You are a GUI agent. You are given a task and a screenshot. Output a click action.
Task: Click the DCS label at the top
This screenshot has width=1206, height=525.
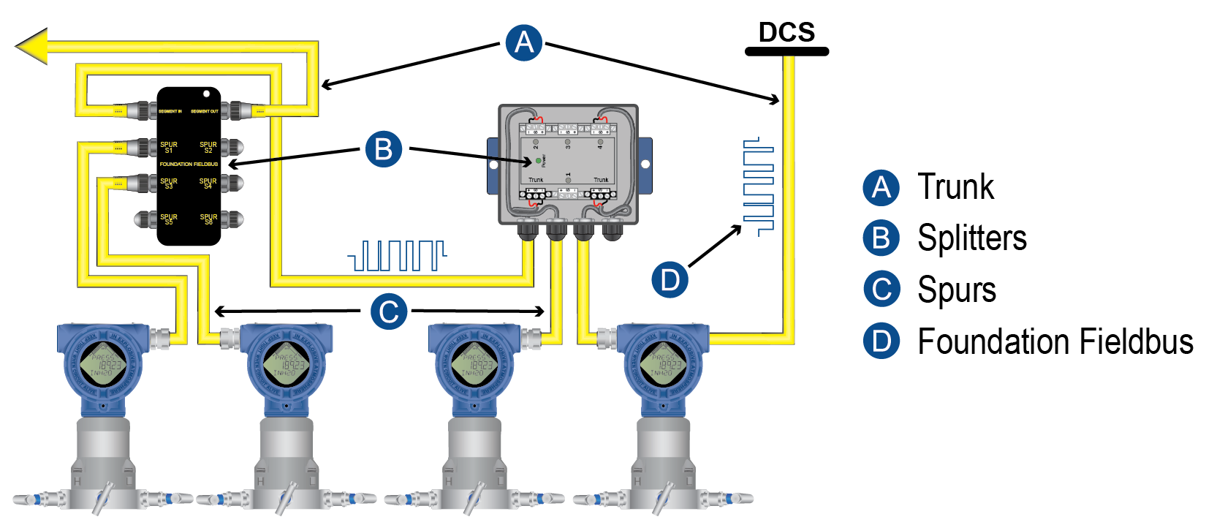786,32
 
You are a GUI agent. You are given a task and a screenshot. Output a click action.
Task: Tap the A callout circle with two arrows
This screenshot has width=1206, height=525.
524,42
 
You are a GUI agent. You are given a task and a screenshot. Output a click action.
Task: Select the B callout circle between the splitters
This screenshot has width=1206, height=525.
384,149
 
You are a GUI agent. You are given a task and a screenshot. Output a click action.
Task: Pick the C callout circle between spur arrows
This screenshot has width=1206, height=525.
388,311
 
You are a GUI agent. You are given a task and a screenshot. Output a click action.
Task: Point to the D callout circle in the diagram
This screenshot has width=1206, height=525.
670,279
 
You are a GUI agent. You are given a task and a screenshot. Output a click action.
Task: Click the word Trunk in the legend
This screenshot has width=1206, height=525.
955,187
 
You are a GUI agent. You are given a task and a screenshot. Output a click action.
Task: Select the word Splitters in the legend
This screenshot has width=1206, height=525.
972,238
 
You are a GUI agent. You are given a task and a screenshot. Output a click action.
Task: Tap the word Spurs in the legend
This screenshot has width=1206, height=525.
957,290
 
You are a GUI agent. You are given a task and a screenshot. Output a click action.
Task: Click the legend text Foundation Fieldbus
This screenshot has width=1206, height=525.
1055,341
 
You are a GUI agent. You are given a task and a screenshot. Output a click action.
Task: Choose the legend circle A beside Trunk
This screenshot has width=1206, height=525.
881,187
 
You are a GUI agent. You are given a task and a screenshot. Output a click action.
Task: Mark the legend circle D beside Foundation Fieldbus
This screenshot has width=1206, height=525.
881,341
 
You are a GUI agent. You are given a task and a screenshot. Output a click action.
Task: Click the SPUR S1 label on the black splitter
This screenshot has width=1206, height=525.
169,147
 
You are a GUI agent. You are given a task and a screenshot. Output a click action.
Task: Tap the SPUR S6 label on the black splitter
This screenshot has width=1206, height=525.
208,219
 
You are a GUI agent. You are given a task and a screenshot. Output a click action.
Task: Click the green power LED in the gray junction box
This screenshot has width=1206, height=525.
539,160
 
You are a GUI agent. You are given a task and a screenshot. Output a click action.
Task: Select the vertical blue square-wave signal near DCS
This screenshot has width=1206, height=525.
758,187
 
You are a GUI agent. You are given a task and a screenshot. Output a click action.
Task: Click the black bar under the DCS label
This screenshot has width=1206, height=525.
786,51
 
